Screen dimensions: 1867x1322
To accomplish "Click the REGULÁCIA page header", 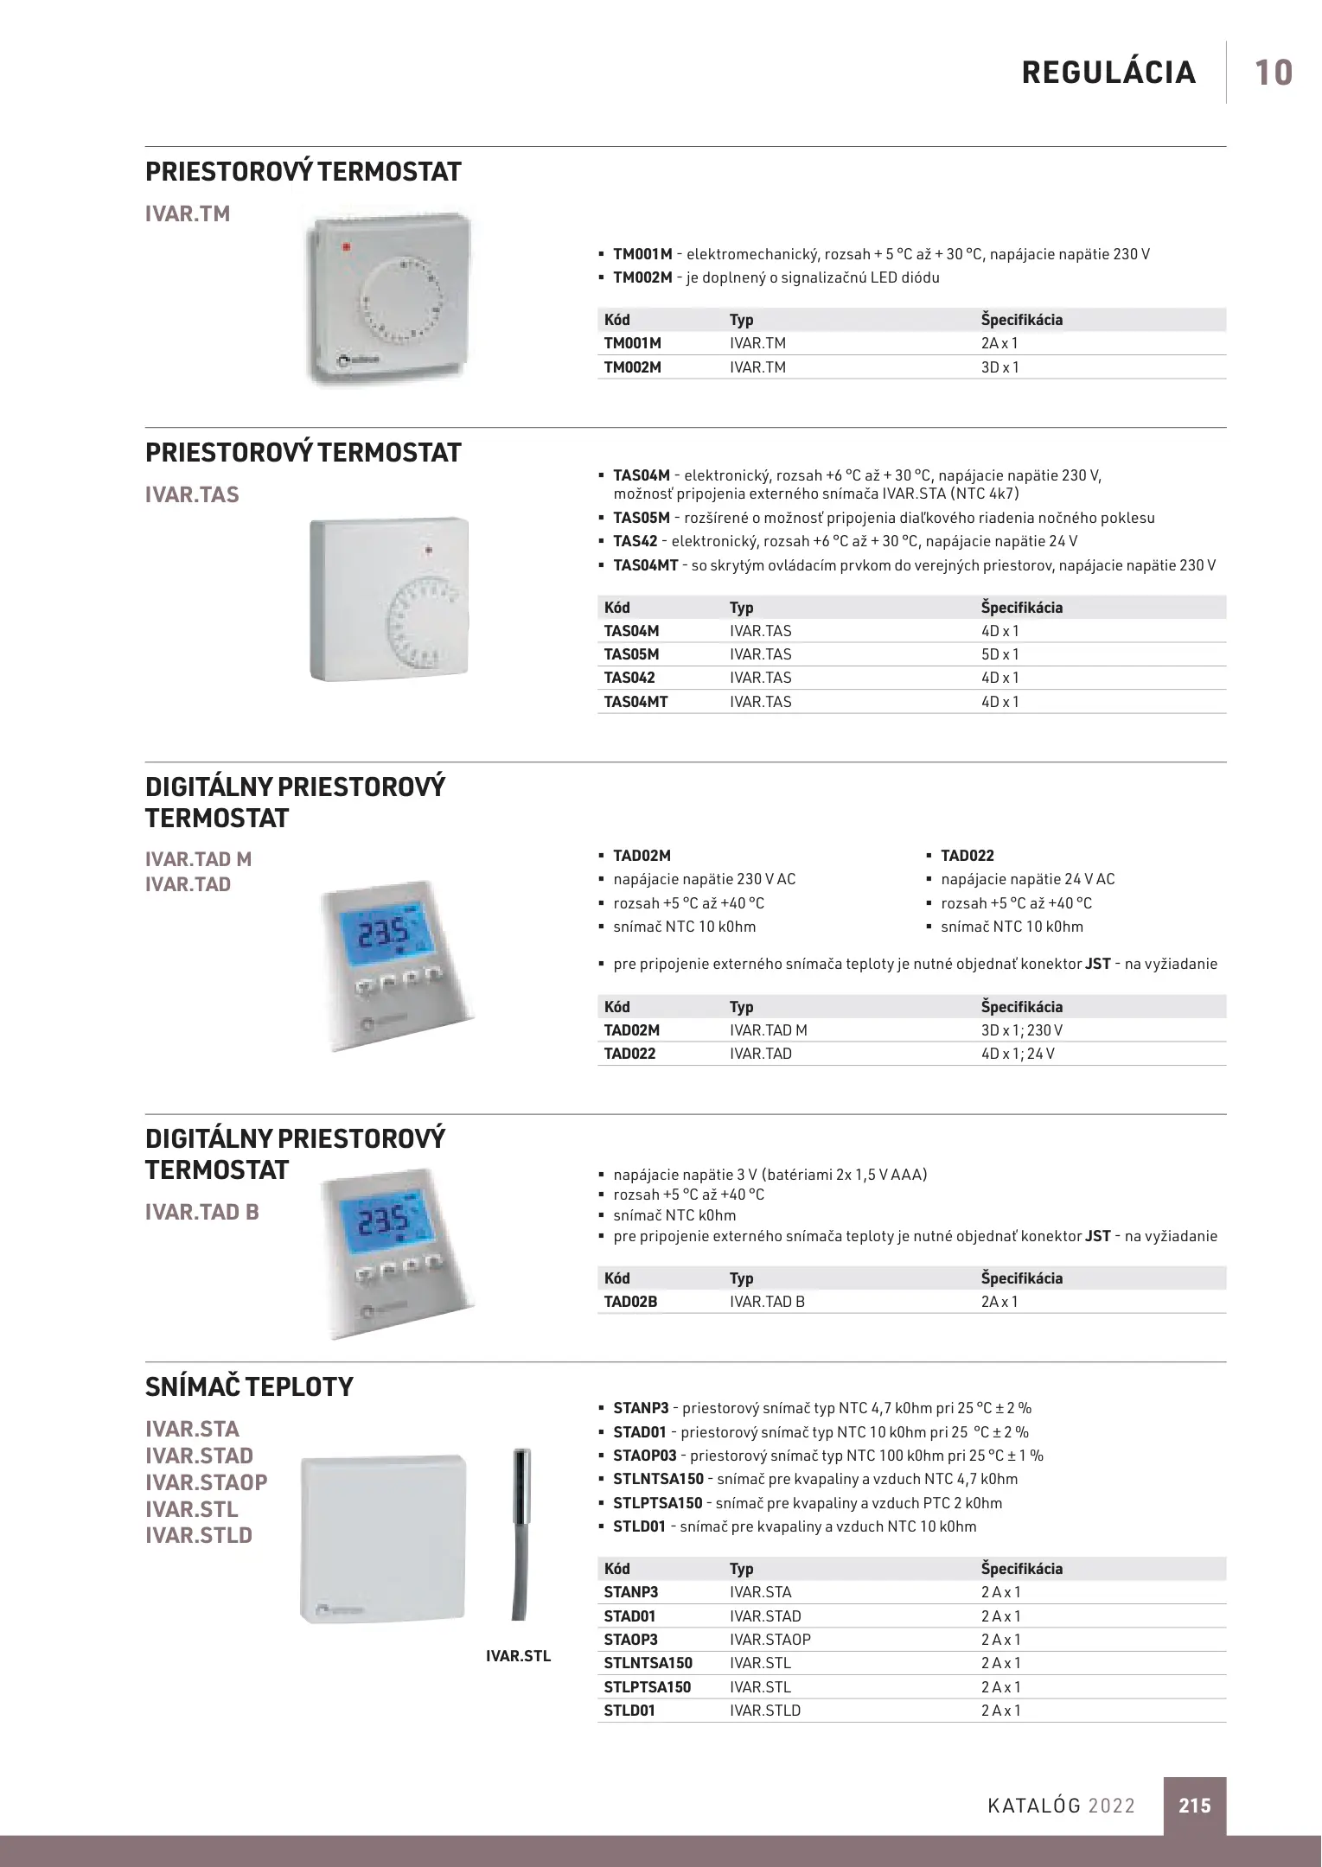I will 1108,73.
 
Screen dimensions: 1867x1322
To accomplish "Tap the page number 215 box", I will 1194,1805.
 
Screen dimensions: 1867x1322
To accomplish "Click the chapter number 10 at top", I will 1273,73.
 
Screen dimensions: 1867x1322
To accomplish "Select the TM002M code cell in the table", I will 633,367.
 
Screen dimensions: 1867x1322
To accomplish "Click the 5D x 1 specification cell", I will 1000,654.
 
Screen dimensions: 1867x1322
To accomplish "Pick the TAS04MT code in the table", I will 635,702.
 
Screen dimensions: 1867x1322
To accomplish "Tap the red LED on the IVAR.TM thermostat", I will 346,247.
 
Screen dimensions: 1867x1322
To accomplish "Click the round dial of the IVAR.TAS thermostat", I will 427,626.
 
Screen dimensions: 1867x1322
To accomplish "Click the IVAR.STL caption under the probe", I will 518,1656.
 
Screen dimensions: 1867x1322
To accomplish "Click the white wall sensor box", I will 382,1539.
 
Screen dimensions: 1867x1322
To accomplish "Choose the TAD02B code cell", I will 631,1302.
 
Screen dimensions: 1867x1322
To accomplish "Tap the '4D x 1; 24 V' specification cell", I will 1018,1054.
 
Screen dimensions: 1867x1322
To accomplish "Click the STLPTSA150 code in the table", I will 648,1687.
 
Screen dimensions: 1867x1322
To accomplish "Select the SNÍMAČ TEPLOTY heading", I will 249,1387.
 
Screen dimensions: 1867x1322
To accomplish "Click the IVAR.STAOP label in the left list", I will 207,1482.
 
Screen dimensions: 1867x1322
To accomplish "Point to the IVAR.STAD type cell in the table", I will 765,1616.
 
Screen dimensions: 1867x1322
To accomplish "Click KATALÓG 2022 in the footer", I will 1061,1806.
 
